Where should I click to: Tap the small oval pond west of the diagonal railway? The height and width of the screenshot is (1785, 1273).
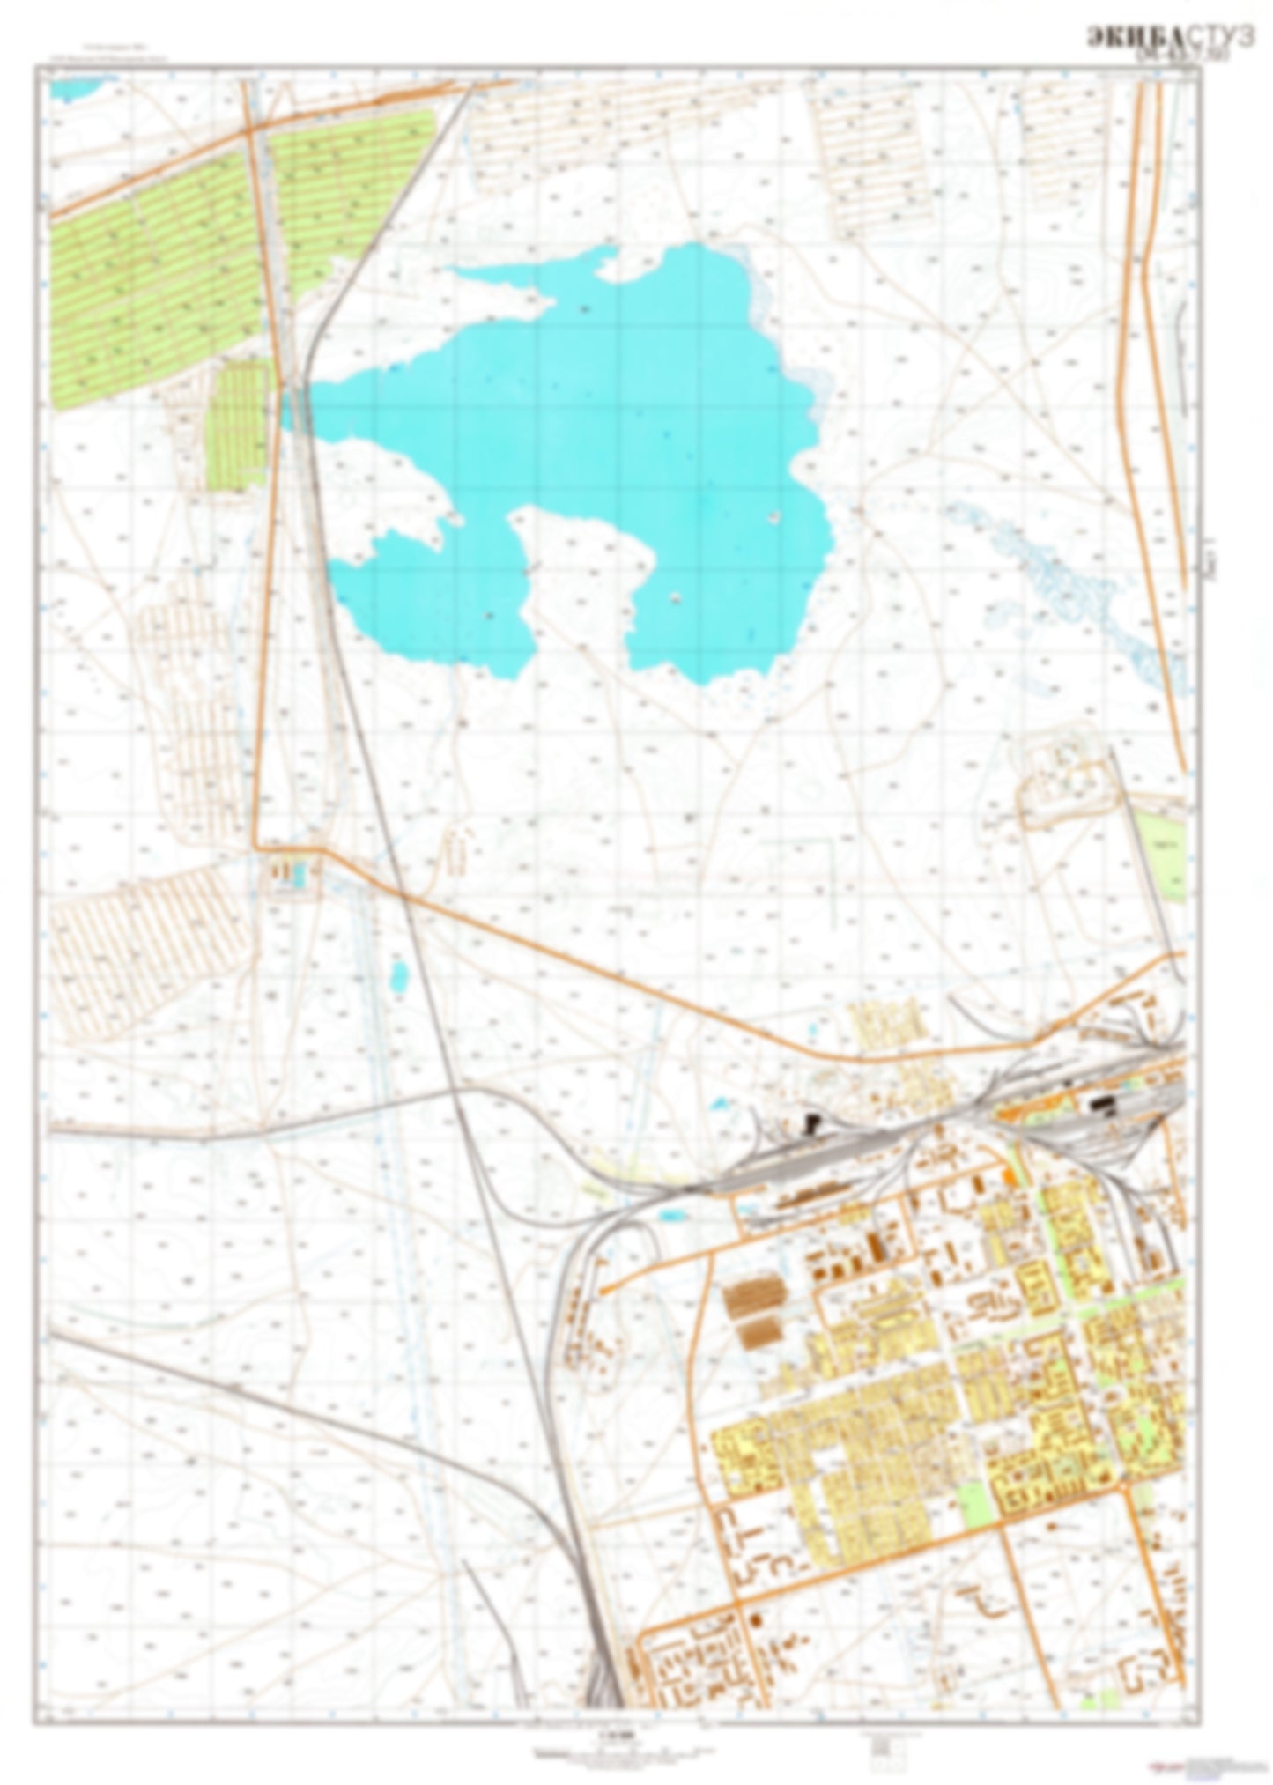point(399,974)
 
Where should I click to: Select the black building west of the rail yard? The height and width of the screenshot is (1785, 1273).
point(812,1121)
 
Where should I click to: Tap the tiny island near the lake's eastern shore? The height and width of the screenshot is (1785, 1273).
point(774,516)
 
